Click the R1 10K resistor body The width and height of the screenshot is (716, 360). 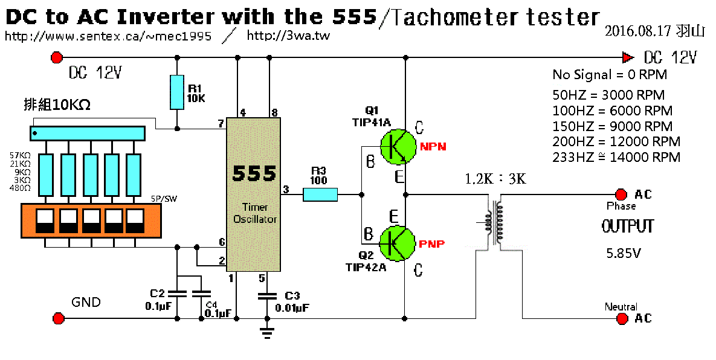pyautogui.click(x=176, y=92)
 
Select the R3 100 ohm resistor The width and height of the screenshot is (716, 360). pyautogui.click(x=320, y=194)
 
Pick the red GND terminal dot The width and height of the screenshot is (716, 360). pyautogui.click(x=59, y=318)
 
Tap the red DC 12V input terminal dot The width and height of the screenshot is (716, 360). pyautogui.click(x=57, y=58)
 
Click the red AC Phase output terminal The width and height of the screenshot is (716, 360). pyautogui.click(x=620, y=194)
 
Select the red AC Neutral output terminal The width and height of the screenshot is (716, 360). pyautogui.click(x=621, y=318)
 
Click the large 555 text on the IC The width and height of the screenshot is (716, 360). pyautogui.click(x=253, y=173)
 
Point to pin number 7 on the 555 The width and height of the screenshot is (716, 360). pyautogui.click(x=221, y=124)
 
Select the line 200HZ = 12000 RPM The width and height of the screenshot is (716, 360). pyautogui.click(x=616, y=141)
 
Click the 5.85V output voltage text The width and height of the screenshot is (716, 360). pyautogui.click(x=624, y=253)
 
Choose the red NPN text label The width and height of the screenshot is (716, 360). pyautogui.click(x=433, y=146)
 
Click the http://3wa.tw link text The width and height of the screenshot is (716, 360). pyautogui.click(x=288, y=36)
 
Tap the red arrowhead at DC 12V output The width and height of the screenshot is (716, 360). pyautogui.click(x=628, y=58)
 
